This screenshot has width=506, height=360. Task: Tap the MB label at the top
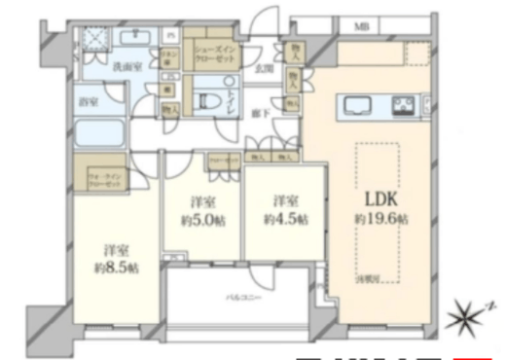pyautogui.click(x=360, y=26)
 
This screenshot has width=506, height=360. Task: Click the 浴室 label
pyautogui.click(x=89, y=101)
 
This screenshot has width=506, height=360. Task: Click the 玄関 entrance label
pyautogui.click(x=264, y=69)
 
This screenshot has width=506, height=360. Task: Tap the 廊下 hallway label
pyautogui.click(x=259, y=113)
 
